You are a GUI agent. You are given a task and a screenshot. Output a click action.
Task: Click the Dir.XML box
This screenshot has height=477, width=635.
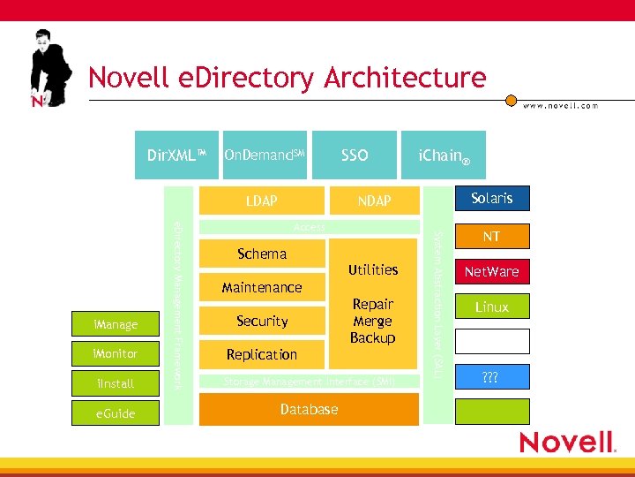(x=176, y=155)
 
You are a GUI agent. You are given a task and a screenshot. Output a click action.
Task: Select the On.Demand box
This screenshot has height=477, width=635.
(x=265, y=155)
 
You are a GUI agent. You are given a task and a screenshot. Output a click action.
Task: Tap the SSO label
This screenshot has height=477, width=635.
(x=355, y=155)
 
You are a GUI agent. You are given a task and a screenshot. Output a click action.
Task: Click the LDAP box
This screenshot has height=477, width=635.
(x=261, y=201)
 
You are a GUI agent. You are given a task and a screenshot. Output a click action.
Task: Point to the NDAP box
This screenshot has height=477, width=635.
(x=374, y=201)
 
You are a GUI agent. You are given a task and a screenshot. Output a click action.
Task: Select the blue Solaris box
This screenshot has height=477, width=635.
(x=491, y=198)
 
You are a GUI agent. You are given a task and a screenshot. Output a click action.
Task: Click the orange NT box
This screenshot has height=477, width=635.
(x=491, y=236)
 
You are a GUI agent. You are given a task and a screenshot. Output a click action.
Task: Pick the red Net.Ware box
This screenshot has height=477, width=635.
(x=491, y=271)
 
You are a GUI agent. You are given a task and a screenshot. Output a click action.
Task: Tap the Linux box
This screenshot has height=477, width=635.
(x=491, y=307)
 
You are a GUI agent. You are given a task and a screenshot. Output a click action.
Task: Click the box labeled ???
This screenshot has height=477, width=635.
(x=491, y=376)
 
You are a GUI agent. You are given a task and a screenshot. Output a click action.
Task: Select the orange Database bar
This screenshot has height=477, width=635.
(x=309, y=409)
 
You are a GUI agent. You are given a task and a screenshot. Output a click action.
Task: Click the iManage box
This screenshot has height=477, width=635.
(x=116, y=325)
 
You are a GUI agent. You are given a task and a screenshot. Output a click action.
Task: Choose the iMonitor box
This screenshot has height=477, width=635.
(x=116, y=353)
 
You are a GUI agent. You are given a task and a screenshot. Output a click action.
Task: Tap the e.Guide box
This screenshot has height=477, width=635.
(x=116, y=413)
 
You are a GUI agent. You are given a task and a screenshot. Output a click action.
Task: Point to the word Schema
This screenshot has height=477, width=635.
(x=262, y=254)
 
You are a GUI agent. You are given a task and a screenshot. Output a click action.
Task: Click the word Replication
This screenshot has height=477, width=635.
(x=262, y=354)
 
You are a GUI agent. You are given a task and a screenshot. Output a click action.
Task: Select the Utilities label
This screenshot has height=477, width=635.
(x=373, y=269)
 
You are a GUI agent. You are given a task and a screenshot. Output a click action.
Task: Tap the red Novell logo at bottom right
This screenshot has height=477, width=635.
(x=566, y=442)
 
